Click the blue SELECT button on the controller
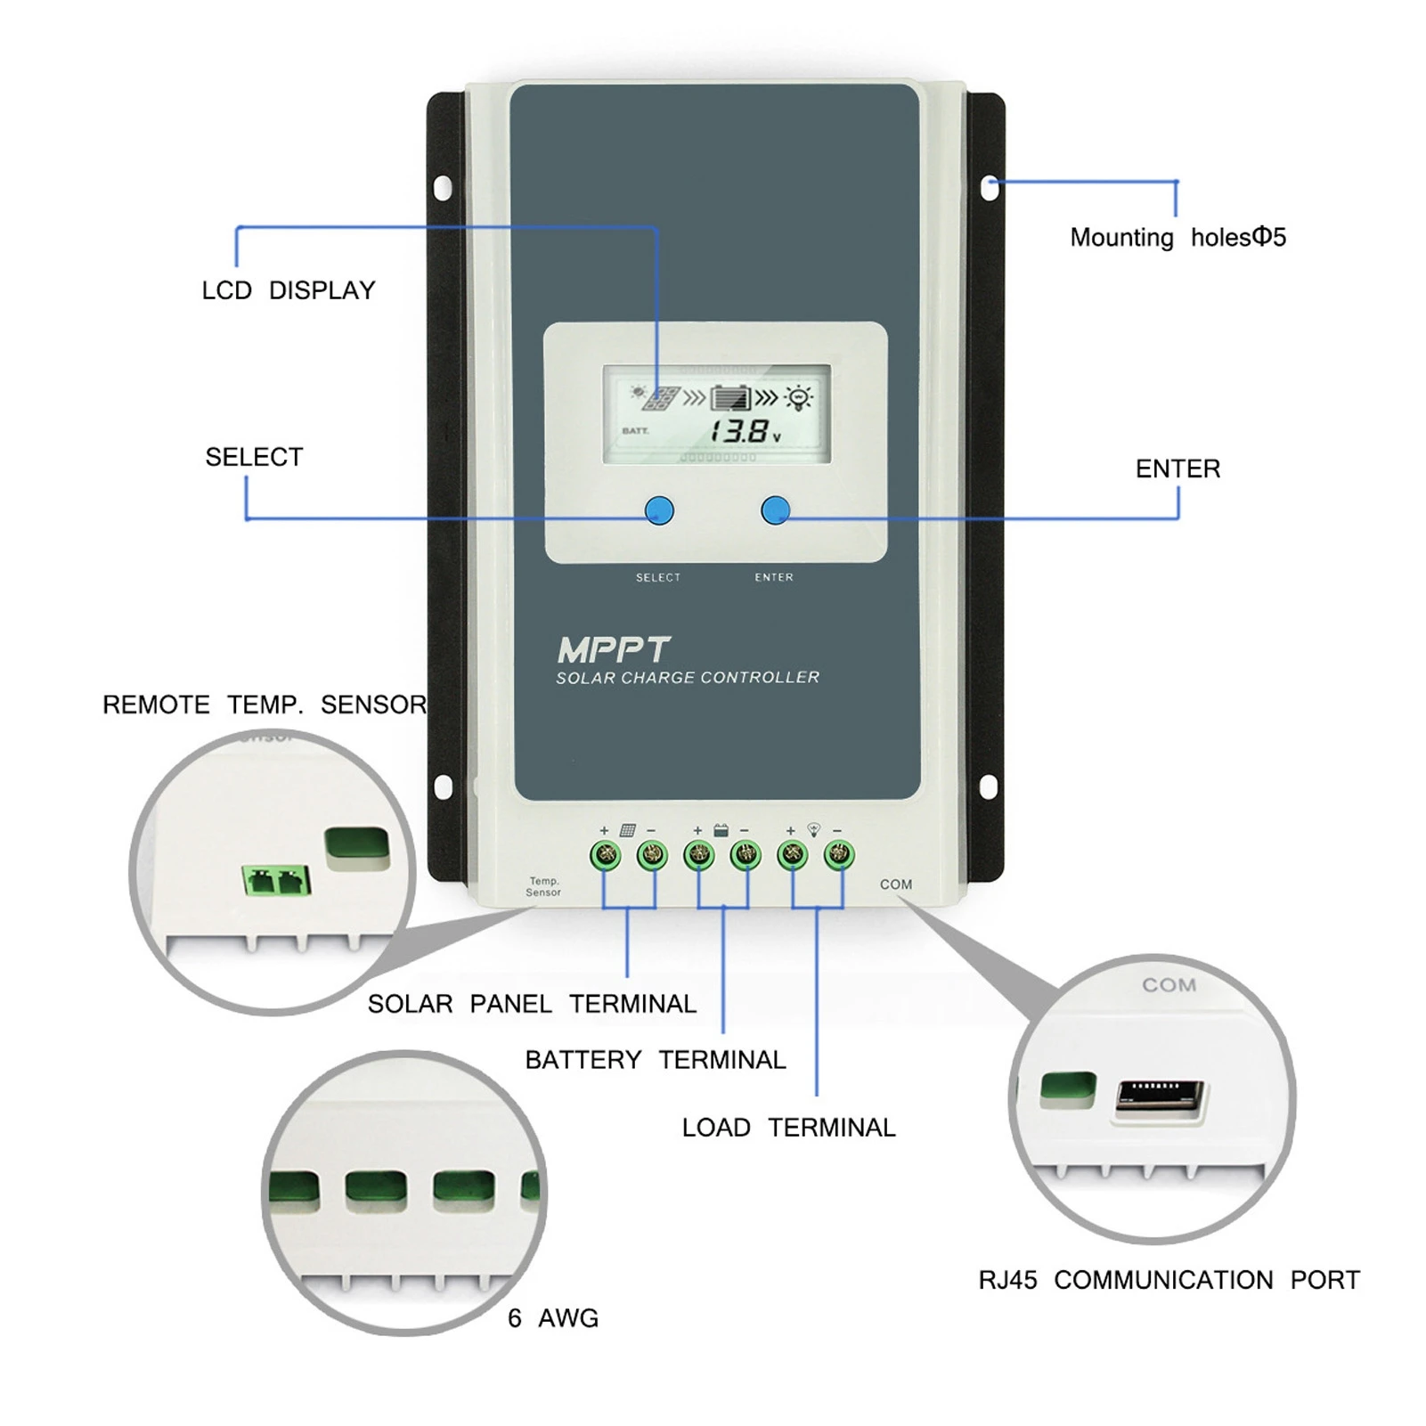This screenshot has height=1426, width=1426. [x=659, y=510]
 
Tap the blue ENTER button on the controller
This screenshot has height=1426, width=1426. [x=776, y=510]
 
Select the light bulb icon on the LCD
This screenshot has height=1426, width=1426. [x=799, y=397]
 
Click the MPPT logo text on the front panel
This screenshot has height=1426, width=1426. [x=614, y=650]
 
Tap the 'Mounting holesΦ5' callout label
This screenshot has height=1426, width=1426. [x=1177, y=238]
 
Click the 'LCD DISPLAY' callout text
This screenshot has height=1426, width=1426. [x=289, y=290]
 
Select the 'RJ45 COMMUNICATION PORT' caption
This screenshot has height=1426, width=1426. [x=1169, y=1280]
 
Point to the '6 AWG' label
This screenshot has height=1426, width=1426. [x=553, y=1318]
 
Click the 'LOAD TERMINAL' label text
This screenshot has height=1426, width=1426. [x=788, y=1128]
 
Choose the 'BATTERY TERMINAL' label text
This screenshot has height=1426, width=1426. [x=656, y=1060]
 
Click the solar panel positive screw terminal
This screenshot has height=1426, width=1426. [x=606, y=856]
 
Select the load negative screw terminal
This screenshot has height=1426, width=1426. [x=838, y=856]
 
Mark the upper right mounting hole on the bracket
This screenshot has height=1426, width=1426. [x=989, y=188]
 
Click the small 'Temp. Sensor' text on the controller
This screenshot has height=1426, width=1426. [x=543, y=886]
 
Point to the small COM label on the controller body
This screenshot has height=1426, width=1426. [x=896, y=884]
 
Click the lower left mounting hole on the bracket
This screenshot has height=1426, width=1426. [x=443, y=786]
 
